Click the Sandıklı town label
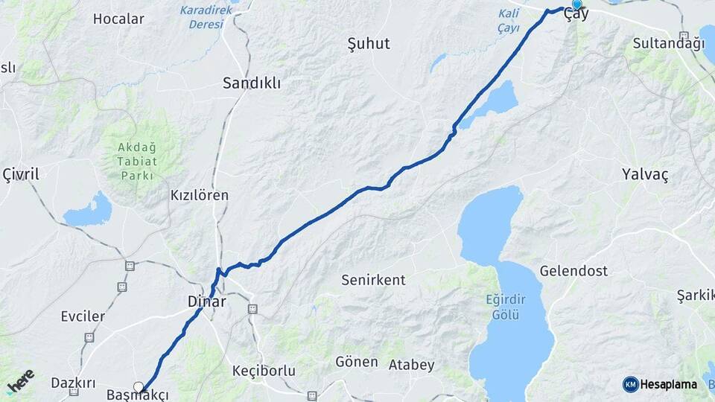(x=252, y=83)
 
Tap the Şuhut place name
(x=369, y=44)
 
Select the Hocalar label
(x=118, y=19)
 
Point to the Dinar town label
(x=207, y=302)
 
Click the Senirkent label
(x=373, y=280)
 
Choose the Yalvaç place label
(x=644, y=174)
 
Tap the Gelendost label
(x=573, y=271)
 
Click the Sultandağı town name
(x=668, y=43)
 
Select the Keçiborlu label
(x=264, y=370)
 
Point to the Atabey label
(x=412, y=365)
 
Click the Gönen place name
(x=352, y=362)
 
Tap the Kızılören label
(x=200, y=195)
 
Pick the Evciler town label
(x=83, y=316)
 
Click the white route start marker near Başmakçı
(x=139, y=386)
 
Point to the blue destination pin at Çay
(x=576, y=5)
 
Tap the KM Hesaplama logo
(x=660, y=384)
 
